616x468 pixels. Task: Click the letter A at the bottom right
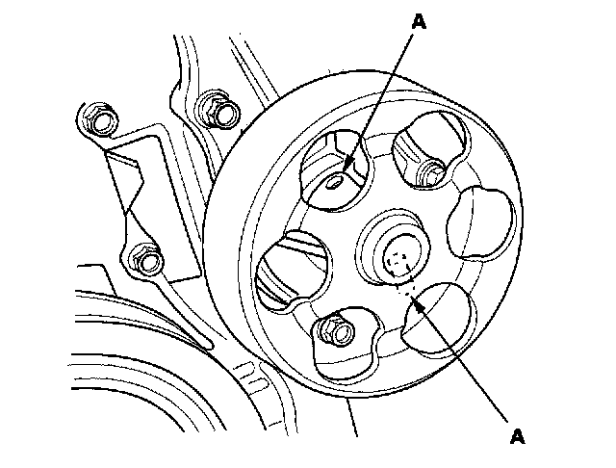518,435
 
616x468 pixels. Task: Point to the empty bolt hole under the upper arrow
334,184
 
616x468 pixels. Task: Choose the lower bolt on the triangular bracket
144,261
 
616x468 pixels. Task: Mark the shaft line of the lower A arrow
462,362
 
